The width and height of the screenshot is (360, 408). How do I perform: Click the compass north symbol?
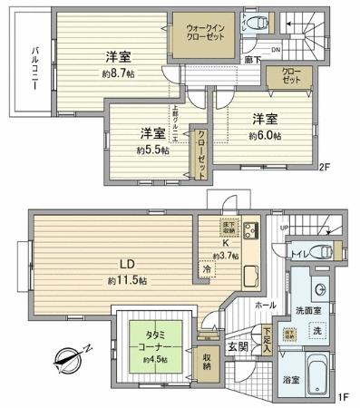pyautogui.click(x=68, y=363)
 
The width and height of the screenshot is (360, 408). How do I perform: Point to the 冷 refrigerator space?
pyautogui.click(x=208, y=269)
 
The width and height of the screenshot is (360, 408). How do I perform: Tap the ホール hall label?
pyautogui.click(x=266, y=306)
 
